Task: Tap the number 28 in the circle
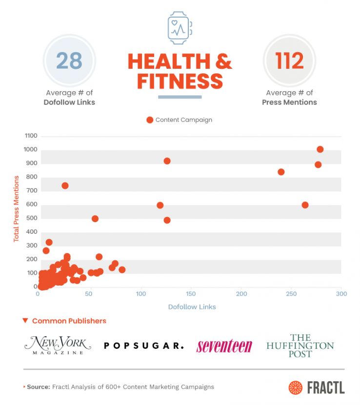(x=69, y=61)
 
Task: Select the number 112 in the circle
(x=289, y=61)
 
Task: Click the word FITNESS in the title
(x=180, y=81)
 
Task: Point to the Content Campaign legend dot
(x=150, y=120)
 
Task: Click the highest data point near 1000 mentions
(x=320, y=149)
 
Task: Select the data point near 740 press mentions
(x=65, y=185)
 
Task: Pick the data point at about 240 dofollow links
(x=281, y=172)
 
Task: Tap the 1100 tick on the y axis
(x=31, y=136)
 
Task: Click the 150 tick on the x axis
(x=191, y=294)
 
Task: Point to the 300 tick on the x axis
(x=341, y=294)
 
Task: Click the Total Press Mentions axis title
(x=16, y=208)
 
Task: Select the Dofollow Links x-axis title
(x=192, y=307)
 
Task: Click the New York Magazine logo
(x=58, y=345)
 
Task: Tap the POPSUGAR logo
(x=144, y=345)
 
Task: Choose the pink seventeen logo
(x=224, y=346)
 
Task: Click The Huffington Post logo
(x=300, y=345)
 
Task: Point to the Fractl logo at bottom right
(x=316, y=387)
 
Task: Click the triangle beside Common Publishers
(x=25, y=321)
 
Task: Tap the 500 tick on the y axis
(x=32, y=218)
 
